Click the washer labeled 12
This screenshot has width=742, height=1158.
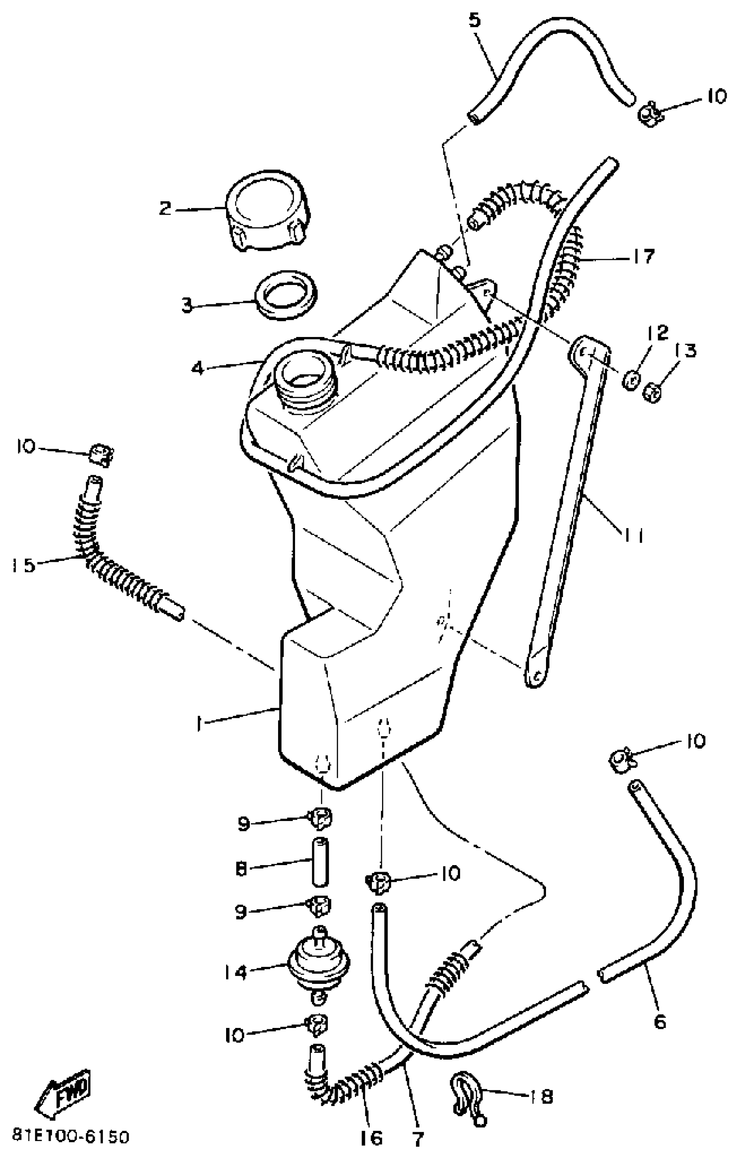(631, 380)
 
